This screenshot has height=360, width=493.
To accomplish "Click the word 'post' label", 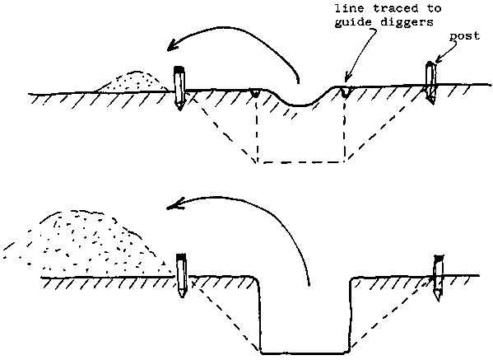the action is point(464,36).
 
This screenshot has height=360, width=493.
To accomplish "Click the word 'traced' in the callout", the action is point(396,8).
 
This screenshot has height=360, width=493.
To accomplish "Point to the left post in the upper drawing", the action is point(179,88).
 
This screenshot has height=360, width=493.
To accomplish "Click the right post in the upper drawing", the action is point(430,82).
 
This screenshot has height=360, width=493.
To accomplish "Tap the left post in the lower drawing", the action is point(182,275).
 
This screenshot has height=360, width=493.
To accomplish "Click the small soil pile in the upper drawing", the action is point(133,82).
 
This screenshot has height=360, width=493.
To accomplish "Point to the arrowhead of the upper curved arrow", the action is point(172,46).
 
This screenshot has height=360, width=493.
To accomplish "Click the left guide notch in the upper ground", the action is point(255,93).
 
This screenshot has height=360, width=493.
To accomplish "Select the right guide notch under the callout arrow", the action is point(345,92).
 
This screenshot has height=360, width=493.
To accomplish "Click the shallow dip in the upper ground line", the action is point(300,101).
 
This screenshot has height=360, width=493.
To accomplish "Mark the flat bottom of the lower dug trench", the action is point(305,353).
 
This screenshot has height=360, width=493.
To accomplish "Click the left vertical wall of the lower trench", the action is point(259,315).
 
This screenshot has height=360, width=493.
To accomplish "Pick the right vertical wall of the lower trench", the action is point(350,315).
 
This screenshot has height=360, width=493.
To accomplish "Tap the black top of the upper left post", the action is point(179,69).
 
